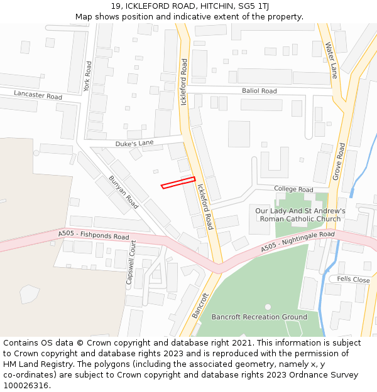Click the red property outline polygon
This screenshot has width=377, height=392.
pos(178,183)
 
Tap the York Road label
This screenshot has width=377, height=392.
pos(88,77)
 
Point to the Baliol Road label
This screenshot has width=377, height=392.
pos(259,91)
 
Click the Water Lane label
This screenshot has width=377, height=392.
pos(332,60)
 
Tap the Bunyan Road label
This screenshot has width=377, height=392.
pos(123,192)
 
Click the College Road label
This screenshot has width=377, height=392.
pos(293,189)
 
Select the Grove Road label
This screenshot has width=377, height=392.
pos(339,162)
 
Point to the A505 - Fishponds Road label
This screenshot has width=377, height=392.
pos(94,236)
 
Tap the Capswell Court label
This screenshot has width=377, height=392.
pos(131,263)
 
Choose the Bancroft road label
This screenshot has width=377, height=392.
pos(200,305)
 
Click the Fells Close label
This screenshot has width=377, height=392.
pos(353,279)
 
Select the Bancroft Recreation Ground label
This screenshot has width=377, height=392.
pos(259,317)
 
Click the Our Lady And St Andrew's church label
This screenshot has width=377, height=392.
pos(300,215)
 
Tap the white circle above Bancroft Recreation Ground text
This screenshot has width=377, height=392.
pos(268,307)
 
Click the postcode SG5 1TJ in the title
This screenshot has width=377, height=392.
pos(248,6)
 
